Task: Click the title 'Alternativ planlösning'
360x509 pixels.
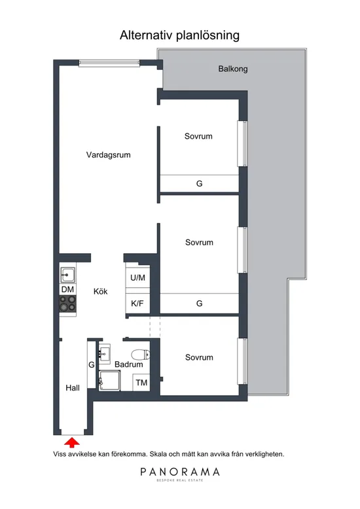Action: point(179,35)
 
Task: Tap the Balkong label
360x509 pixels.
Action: point(232,68)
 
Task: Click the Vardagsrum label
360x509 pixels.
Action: point(109,155)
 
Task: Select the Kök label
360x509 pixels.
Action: point(100,292)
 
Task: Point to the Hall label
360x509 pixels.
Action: point(73,388)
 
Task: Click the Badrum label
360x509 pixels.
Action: point(128,364)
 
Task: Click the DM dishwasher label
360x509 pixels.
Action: point(68,289)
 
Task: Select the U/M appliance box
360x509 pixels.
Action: point(137,277)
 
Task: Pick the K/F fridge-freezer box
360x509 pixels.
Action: point(137,303)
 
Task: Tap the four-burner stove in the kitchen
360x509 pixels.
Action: point(68,304)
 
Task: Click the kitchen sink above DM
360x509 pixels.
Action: point(68,274)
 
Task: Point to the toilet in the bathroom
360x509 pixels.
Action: point(139,355)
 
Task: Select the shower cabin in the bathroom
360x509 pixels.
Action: point(109,380)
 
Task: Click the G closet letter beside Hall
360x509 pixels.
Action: point(92,364)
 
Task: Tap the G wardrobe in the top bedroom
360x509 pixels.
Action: point(199,184)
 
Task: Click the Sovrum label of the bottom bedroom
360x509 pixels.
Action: point(199,358)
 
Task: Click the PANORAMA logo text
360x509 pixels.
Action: point(180,472)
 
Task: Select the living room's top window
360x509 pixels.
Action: point(109,63)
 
